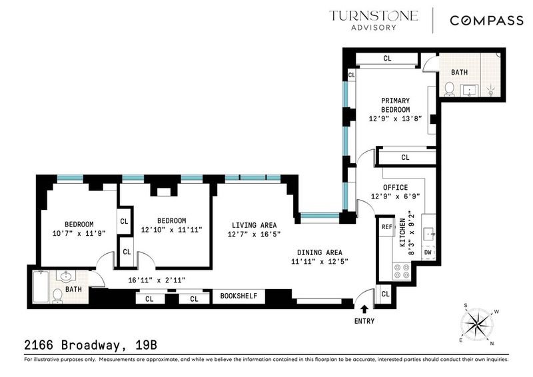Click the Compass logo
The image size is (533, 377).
[486, 21]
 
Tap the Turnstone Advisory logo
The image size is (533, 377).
[373, 21]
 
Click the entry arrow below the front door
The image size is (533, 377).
[364, 308]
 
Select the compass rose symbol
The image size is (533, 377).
[478, 324]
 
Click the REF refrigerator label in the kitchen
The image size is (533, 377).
[387, 226]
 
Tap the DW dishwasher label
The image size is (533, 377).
[428, 252]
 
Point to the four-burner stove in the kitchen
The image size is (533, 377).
[402, 271]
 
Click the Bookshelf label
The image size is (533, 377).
[239, 296]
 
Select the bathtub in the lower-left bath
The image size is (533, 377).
[41, 286]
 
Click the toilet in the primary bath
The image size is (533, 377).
[449, 89]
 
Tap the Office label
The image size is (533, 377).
[395, 187]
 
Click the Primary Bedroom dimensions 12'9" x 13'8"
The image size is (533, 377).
[395, 119]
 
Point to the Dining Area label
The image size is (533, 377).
[320, 252]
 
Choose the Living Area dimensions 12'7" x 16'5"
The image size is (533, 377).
[254, 234]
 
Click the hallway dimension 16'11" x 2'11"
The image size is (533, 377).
[157, 280]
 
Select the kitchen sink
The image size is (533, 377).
[428, 234]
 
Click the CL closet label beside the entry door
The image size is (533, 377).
[385, 294]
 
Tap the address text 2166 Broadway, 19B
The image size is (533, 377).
[91, 345]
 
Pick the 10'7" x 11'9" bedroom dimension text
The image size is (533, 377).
[79, 233]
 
